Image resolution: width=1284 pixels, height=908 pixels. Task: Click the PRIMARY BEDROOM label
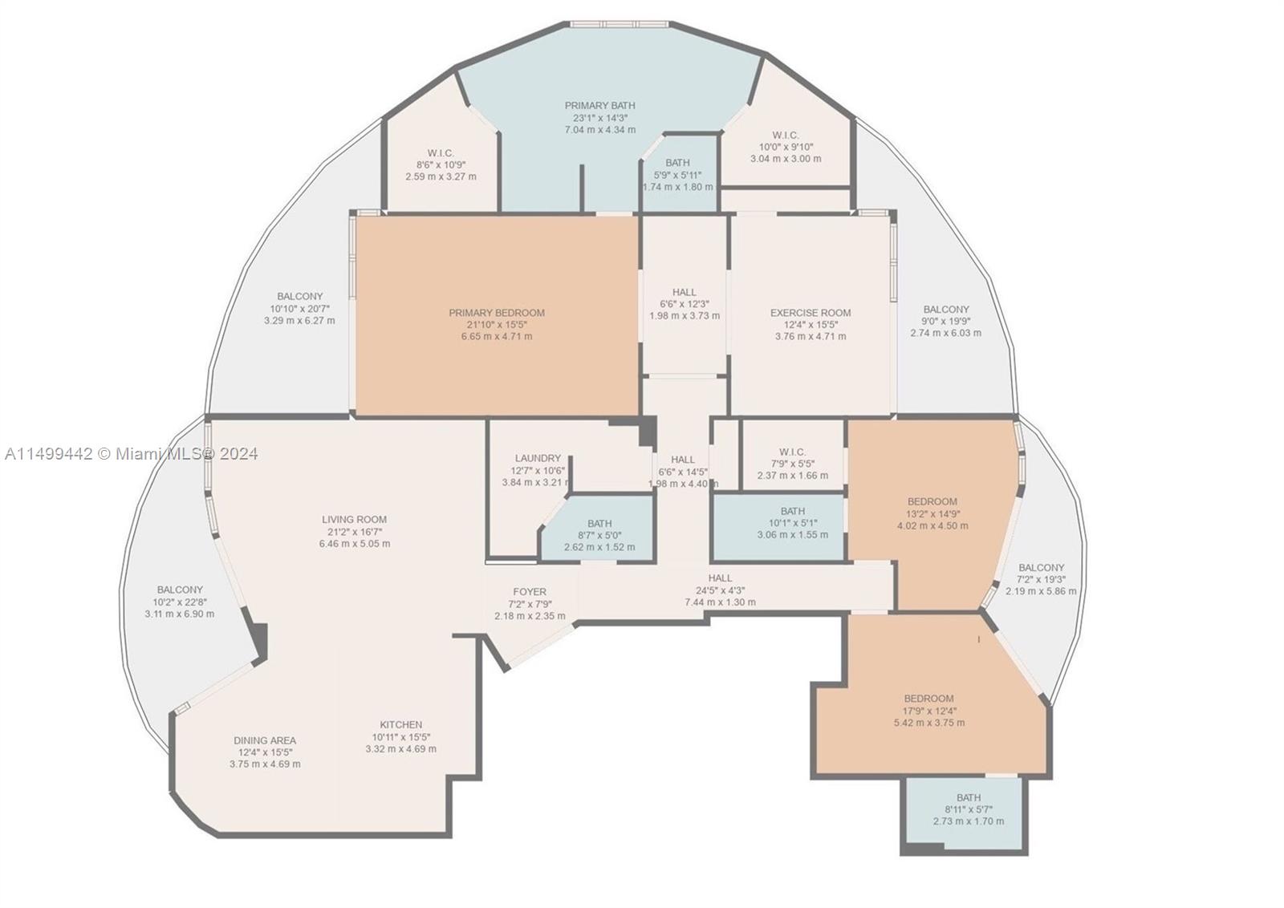(496, 313)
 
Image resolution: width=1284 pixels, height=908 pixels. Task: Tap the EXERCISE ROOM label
(811, 313)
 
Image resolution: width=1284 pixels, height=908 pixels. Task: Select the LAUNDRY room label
(538, 459)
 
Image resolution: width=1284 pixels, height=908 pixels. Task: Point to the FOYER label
(530, 593)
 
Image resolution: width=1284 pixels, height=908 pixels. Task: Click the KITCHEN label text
(400, 724)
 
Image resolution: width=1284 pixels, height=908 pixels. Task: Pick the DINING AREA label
(265, 740)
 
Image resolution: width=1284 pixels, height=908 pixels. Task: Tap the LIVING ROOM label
(354, 519)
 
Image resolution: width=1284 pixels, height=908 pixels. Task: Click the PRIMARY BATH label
(599, 105)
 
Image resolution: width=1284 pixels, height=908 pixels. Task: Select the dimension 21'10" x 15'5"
(496, 325)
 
